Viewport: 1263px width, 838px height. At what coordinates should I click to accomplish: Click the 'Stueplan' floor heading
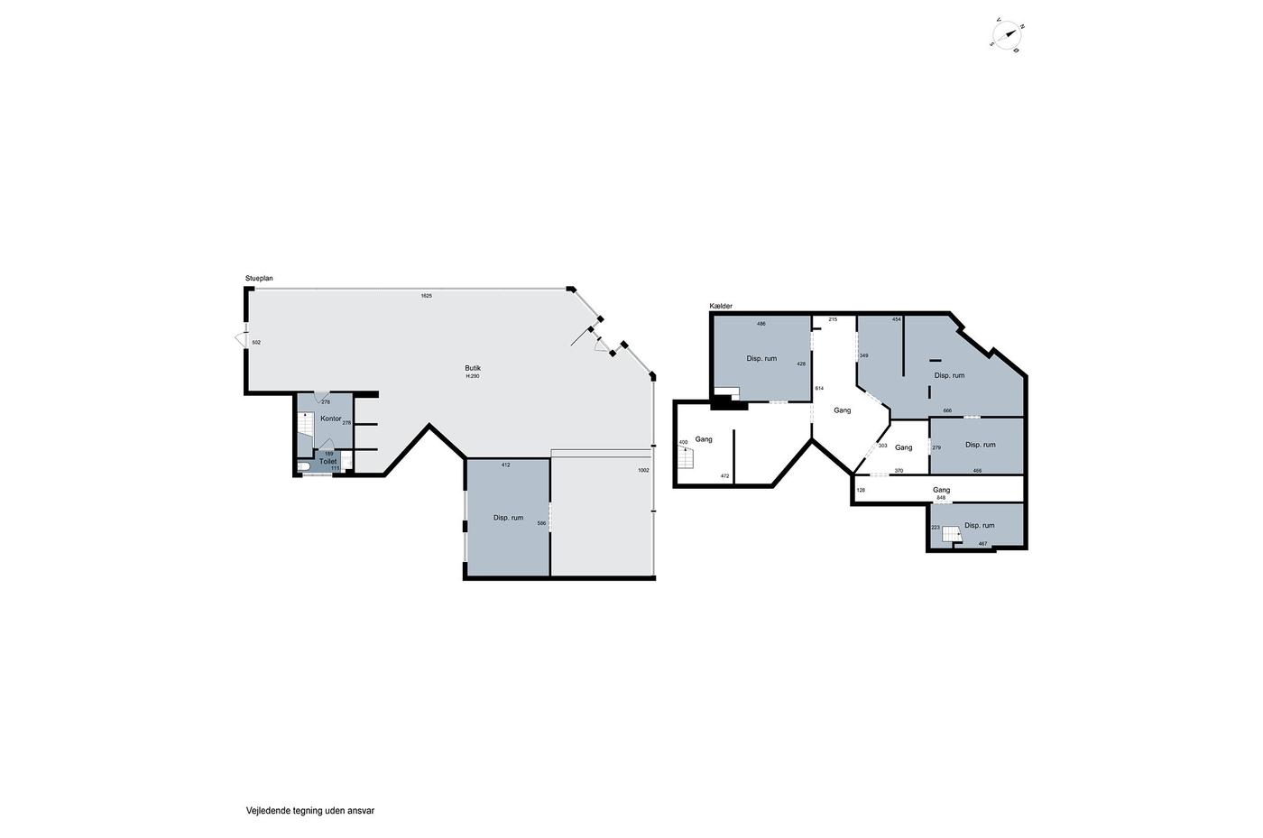(x=259, y=279)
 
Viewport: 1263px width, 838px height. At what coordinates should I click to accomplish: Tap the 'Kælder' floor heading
(x=721, y=306)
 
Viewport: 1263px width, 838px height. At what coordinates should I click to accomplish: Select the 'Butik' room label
(x=473, y=368)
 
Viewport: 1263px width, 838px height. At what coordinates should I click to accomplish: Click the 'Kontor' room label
(x=331, y=419)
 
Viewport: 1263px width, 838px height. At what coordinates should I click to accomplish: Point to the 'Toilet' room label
(x=328, y=461)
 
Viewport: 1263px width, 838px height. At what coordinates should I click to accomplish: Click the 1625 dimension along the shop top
(x=426, y=296)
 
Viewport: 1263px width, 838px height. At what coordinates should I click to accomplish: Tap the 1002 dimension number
(x=643, y=470)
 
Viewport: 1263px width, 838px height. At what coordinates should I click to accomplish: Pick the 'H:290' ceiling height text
(x=473, y=376)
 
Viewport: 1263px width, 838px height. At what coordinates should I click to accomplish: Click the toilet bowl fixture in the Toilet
(x=303, y=467)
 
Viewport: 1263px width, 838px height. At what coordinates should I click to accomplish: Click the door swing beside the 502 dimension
(x=240, y=338)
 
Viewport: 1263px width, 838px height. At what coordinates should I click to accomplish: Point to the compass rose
(x=1008, y=35)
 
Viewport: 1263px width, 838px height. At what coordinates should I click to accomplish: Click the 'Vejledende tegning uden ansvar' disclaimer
(x=310, y=811)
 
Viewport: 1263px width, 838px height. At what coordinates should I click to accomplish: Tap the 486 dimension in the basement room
(x=761, y=324)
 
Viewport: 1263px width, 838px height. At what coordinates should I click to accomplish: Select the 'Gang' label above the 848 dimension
(x=941, y=490)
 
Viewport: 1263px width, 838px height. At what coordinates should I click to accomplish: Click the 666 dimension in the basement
(x=947, y=410)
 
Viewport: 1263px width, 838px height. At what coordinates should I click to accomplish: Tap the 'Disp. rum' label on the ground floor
(x=509, y=518)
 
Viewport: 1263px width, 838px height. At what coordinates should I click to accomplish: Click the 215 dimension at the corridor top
(x=833, y=319)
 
